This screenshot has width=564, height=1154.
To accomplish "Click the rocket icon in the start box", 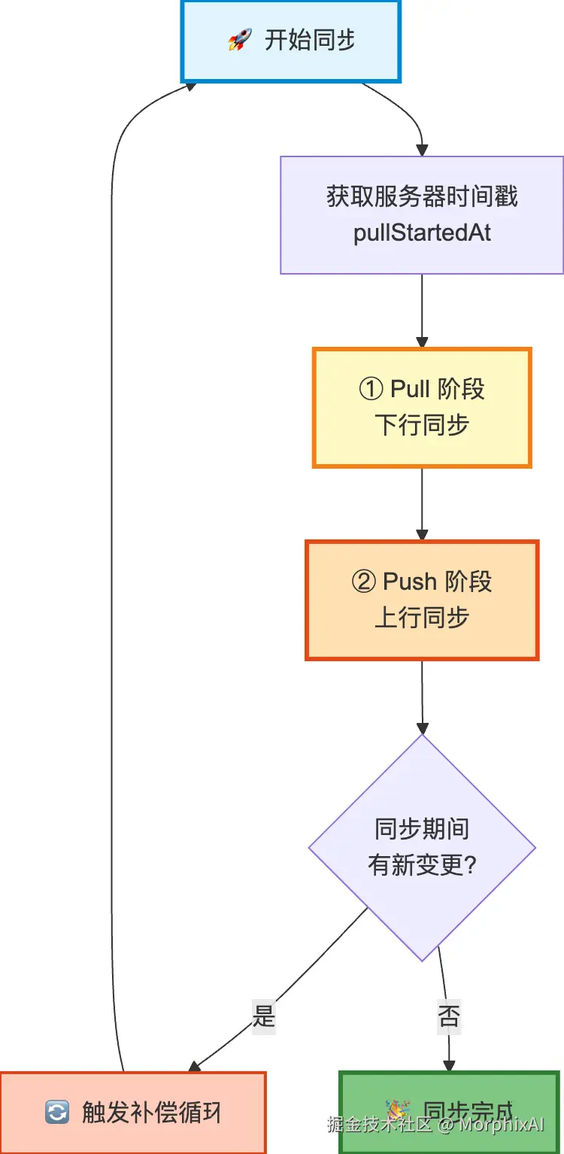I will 240,40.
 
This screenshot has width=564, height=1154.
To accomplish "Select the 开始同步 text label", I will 310,40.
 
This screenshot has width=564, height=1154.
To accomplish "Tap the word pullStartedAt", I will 422,232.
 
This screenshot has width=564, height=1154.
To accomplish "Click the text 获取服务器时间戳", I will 422,197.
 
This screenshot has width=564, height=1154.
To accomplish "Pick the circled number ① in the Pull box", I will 372,390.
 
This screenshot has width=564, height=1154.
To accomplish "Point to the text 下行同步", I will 422,425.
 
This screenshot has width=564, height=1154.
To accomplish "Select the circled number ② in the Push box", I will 365,582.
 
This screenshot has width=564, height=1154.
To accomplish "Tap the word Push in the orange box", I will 410,582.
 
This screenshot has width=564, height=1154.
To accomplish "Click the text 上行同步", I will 422,618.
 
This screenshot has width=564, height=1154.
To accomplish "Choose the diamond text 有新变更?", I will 422,865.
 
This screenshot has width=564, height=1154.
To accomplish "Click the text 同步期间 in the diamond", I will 422,829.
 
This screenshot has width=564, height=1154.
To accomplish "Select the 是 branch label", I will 263,1018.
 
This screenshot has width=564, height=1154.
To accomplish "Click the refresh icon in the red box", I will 57,1113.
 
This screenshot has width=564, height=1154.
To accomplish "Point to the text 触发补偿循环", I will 152,1113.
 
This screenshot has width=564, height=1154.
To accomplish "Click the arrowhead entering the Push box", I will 422,535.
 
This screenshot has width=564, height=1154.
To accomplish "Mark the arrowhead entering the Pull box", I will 422,343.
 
